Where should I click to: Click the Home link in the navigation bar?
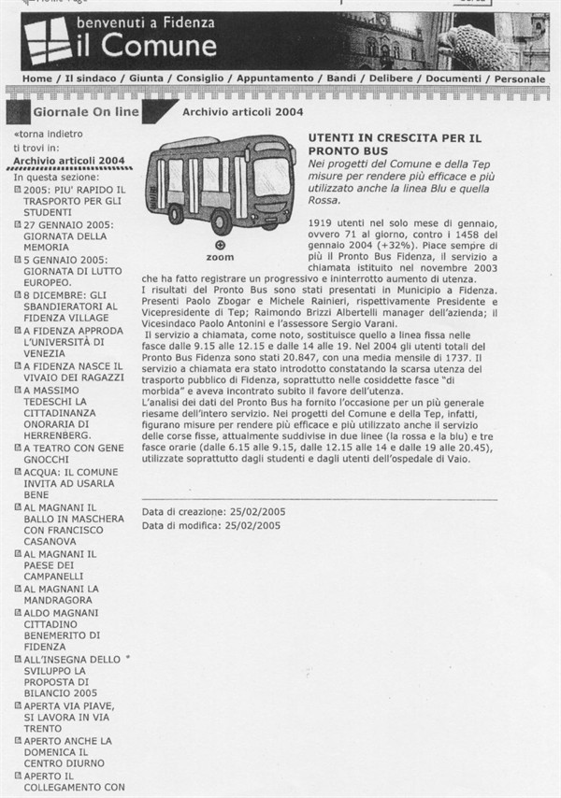pos(36,78)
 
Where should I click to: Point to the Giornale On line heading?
pos(85,112)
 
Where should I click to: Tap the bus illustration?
pos(221,185)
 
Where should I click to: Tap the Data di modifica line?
pos(211,526)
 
